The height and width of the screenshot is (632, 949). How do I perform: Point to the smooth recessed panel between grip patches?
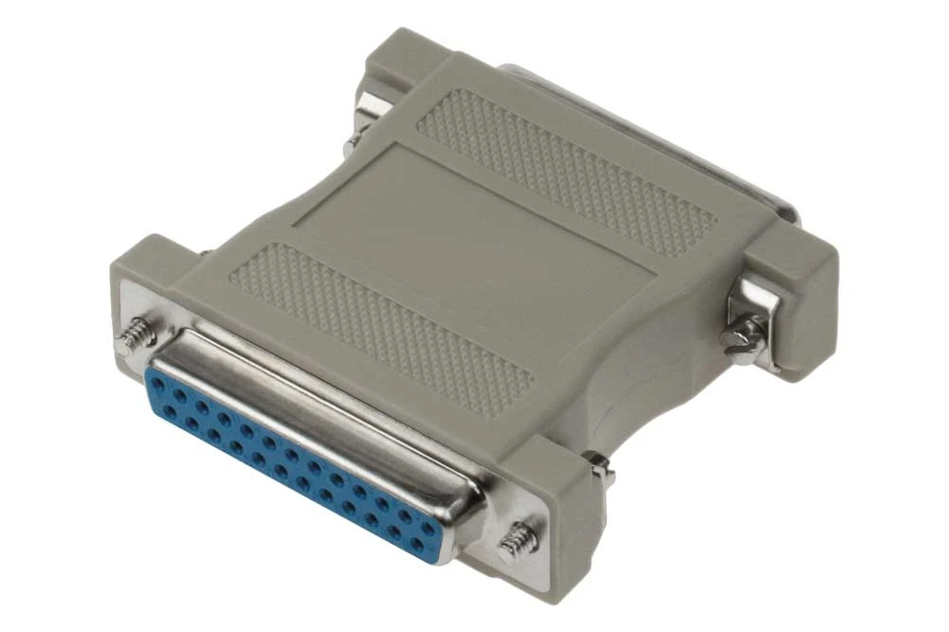pyautogui.click(x=474, y=237)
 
